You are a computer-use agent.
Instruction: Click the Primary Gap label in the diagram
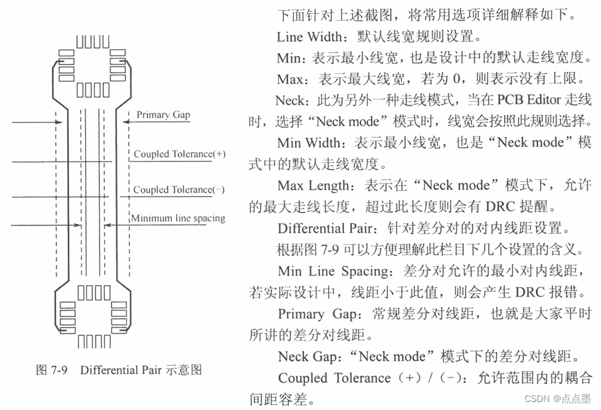[x=163, y=115]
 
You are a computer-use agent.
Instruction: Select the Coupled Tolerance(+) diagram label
[x=179, y=154]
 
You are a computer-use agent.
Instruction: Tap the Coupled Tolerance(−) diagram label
[x=179, y=189]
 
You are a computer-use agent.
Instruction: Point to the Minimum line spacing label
[x=178, y=218]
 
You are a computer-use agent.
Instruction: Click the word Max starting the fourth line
[x=290, y=80]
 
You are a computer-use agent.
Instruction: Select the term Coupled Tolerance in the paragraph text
[x=334, y=378]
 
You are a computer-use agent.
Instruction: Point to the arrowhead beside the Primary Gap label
[x=127, y=121]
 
